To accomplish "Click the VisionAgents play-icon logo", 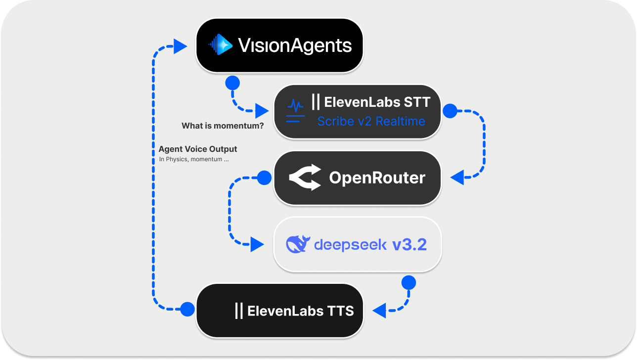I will point(221,45).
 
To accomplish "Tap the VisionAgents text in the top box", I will point(295,45).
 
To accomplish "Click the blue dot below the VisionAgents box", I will point(232,83).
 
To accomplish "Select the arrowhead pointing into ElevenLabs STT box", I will point(261,110).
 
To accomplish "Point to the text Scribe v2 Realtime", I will point(371,121).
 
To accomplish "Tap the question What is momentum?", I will point(223,126).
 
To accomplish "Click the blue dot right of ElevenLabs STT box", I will point(450,111).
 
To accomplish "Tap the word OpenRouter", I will point(377,178).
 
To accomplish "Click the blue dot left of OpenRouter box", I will point(265,178).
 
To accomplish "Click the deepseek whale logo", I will point(298,244).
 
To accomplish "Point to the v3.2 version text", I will point(409,244).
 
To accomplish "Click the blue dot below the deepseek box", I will point(409,283).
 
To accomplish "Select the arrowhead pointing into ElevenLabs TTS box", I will point(379,311).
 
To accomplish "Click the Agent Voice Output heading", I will point(198,149).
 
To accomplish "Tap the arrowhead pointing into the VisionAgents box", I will point(180,47).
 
